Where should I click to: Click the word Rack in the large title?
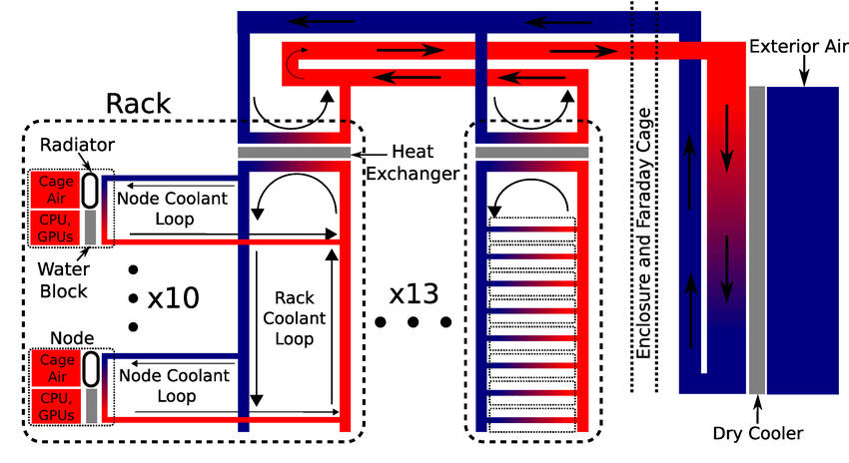(x=139, y=104)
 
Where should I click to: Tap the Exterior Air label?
(x=792, y=48)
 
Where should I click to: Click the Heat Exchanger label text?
(x=413, y=162)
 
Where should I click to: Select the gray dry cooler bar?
(x=756, y=239)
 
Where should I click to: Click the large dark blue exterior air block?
(x=802, y=239)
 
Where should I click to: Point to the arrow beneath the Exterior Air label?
(x=804, y=70)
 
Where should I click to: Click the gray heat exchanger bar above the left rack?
(x=294, y=152)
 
